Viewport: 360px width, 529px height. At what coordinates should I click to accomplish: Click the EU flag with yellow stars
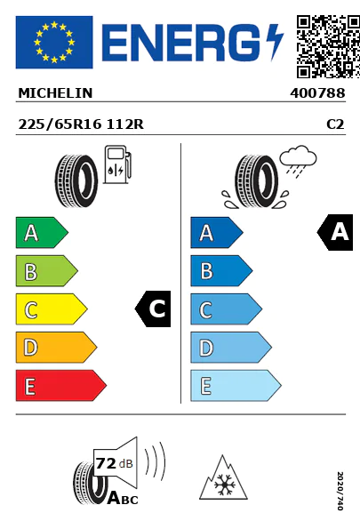click(53, 42)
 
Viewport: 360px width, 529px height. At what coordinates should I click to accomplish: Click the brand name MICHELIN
click(55, 92)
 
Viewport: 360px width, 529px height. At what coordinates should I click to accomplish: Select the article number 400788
click(316, 92)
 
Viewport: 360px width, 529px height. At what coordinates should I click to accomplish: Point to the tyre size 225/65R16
click(59, 125)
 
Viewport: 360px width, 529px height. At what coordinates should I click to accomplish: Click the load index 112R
click(125, 125)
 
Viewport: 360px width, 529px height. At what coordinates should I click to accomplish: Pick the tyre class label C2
click(335, 125)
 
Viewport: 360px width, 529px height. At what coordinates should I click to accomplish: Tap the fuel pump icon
click(116, 168)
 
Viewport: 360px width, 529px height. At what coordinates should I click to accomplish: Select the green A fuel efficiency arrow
click(40, 233)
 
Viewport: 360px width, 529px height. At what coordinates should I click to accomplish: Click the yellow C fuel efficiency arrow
click(50, 309)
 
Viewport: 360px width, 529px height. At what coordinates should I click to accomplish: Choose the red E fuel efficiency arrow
click(60, 386)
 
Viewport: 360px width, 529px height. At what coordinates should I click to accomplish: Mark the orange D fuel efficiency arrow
click(55, 348)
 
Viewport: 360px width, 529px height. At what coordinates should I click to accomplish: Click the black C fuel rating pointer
click(153, 309)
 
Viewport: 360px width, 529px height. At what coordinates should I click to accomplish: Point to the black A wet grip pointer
click(335, 233)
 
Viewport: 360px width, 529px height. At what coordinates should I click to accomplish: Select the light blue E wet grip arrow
click(235, 386)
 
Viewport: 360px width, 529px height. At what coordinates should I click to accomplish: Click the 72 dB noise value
click(111, 462)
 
